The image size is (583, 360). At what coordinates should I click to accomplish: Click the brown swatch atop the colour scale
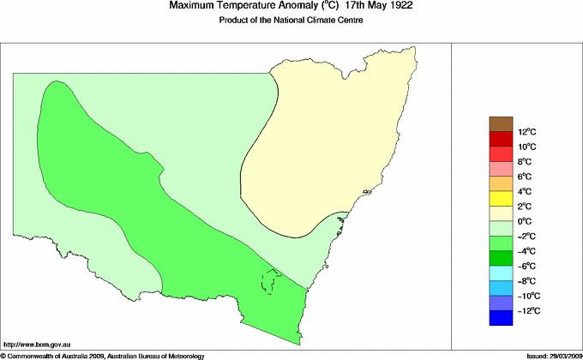coord(501,123)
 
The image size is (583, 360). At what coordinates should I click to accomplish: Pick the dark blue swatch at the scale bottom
coord(501,318)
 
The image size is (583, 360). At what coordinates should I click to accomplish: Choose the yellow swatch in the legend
coord(501,199)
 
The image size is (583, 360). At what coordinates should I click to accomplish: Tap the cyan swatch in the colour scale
coord(501,273)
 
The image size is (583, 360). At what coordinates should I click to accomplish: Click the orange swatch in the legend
coord(501,183)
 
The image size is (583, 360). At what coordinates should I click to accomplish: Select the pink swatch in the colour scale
coord(501,169)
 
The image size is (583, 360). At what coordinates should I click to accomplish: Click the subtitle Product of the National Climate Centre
coord(291,21)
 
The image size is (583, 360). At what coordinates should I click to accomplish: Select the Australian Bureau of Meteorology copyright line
coord(103,355)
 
